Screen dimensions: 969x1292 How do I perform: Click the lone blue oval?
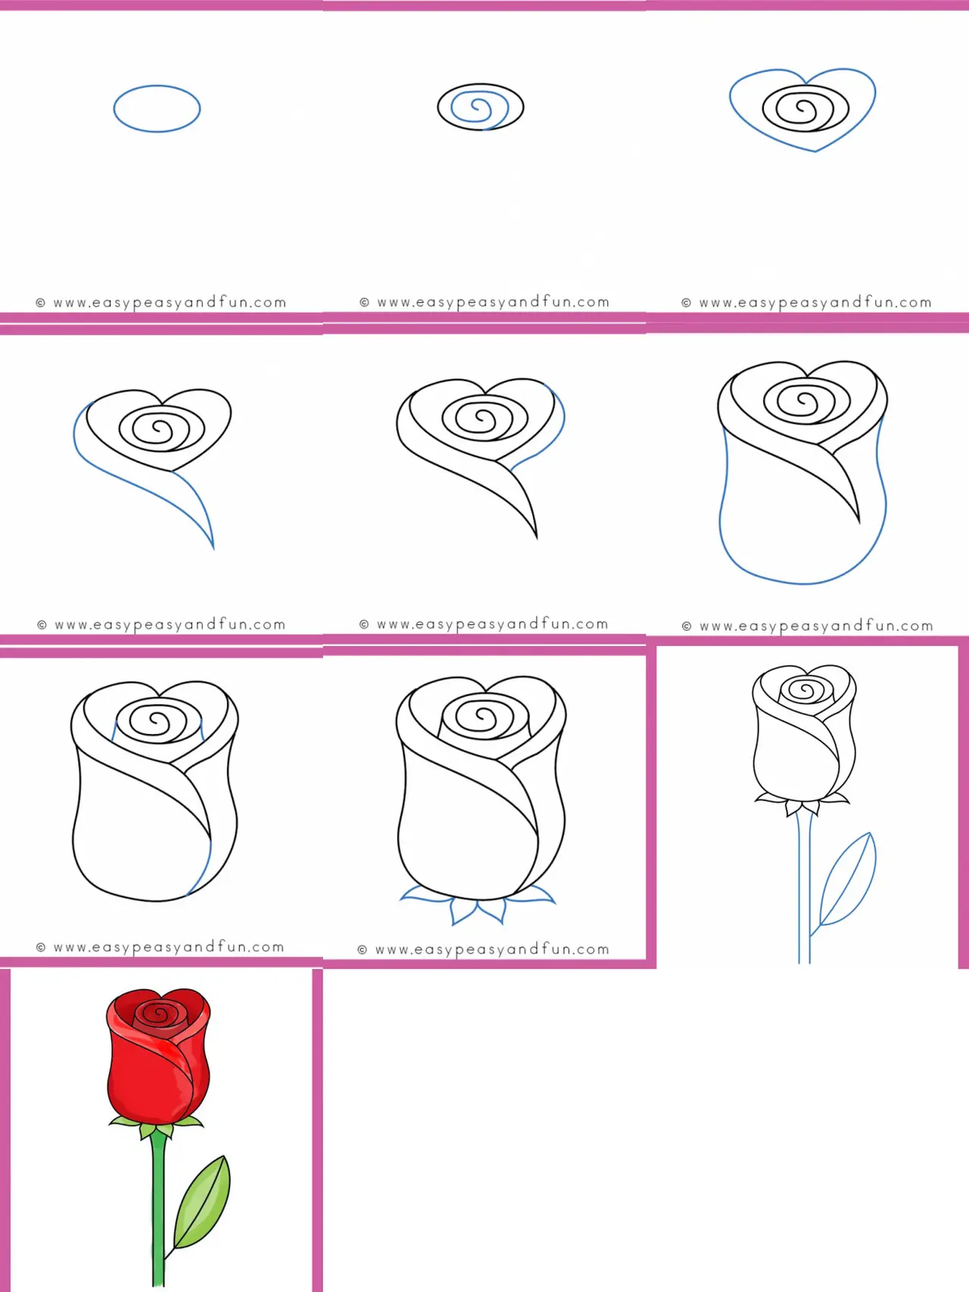click(x=157, y=86)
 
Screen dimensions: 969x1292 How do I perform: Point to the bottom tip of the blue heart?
click(x=815, y=151)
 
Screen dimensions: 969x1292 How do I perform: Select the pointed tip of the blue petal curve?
click(x=213, y=548)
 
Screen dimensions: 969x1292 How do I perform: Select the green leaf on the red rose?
click(x=202, y=1201)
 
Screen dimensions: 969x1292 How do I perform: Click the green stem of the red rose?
click(x=158, y=1212)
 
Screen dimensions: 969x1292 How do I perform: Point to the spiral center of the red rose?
click(x=160, y=1013)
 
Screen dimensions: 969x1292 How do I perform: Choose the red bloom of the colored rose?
click(x=158, y=1056)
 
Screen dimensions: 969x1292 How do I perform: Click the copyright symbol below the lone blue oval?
click(x=41, y=303)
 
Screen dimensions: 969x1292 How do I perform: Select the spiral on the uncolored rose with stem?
click(x=806, y=690)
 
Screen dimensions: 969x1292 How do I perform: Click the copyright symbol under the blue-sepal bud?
click(x=363, y=950)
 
